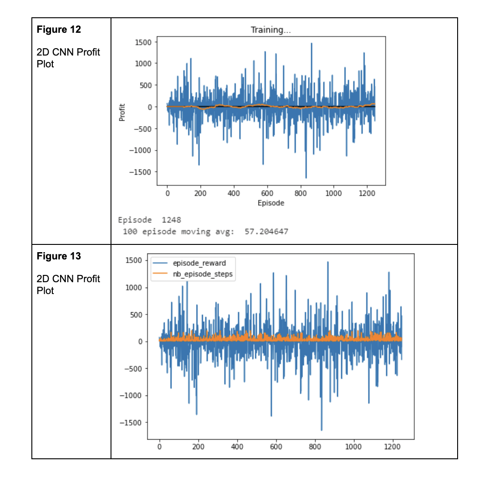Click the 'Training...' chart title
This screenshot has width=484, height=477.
point(271,30)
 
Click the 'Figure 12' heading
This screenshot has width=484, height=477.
point(59,30)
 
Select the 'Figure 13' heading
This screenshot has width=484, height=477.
point(59,256)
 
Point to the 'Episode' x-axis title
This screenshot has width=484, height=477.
point(271,203)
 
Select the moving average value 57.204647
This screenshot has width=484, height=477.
point(266,232)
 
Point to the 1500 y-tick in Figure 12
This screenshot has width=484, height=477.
point(144,42)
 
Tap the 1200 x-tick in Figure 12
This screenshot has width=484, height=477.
point(367,193)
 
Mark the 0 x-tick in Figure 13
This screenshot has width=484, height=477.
point(160,447)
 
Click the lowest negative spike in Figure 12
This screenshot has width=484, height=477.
point(306,178)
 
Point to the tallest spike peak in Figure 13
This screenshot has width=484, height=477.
point(328,262)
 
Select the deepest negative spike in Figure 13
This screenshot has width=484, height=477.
point(321,430)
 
